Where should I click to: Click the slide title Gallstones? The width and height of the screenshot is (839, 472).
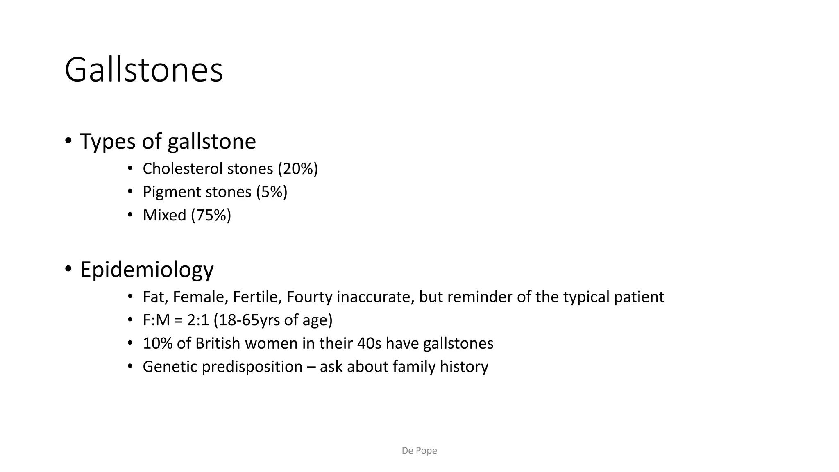[x=144, y=70]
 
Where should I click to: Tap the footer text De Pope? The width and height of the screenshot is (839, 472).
[x=419, y=451]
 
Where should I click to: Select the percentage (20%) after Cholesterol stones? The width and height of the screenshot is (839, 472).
[x=298, y=169]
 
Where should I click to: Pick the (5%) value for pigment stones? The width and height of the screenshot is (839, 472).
[x=272, y=192]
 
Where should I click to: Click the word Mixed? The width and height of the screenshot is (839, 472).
[x=165, y=215]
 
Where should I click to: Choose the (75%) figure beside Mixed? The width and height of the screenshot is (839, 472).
[x=211, y=215]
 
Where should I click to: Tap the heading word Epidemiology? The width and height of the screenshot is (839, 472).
[x=147, y=270]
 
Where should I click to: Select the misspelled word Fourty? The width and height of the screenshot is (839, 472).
[x=309, y=297]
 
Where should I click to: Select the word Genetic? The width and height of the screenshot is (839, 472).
[x=170, y=367]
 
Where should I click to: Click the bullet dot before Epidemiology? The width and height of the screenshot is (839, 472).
[x=68, y=269]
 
